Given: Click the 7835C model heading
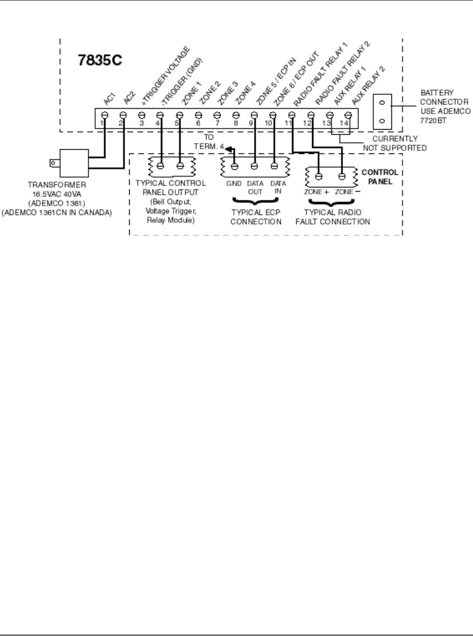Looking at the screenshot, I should point(100,61).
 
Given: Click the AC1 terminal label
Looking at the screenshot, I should point(109,99).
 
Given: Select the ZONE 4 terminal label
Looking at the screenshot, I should point(246,92).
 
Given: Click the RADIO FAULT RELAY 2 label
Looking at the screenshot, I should point(342,72).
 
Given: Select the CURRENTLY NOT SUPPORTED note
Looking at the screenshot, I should point(395,143).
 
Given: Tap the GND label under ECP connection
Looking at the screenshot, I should point(234,184).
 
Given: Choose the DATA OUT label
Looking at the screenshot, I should point(255,187).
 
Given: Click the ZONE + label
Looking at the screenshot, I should point(316,192).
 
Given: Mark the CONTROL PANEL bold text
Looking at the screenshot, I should point(380,177).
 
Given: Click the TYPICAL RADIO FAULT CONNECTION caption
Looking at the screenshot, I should point(332,217).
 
